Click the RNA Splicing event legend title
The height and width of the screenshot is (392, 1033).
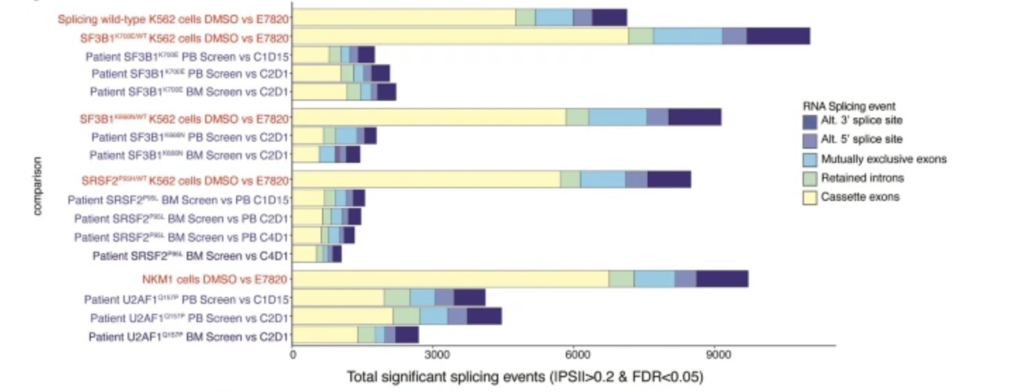849,106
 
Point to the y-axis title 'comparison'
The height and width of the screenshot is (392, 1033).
37,186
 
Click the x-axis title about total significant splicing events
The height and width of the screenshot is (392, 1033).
524,377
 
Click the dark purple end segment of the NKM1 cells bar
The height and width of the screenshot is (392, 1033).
722,278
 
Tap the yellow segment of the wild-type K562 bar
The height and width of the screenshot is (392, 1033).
404,18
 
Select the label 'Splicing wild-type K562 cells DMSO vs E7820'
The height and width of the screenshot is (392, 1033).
173,18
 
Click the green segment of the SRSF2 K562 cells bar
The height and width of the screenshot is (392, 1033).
570,180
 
